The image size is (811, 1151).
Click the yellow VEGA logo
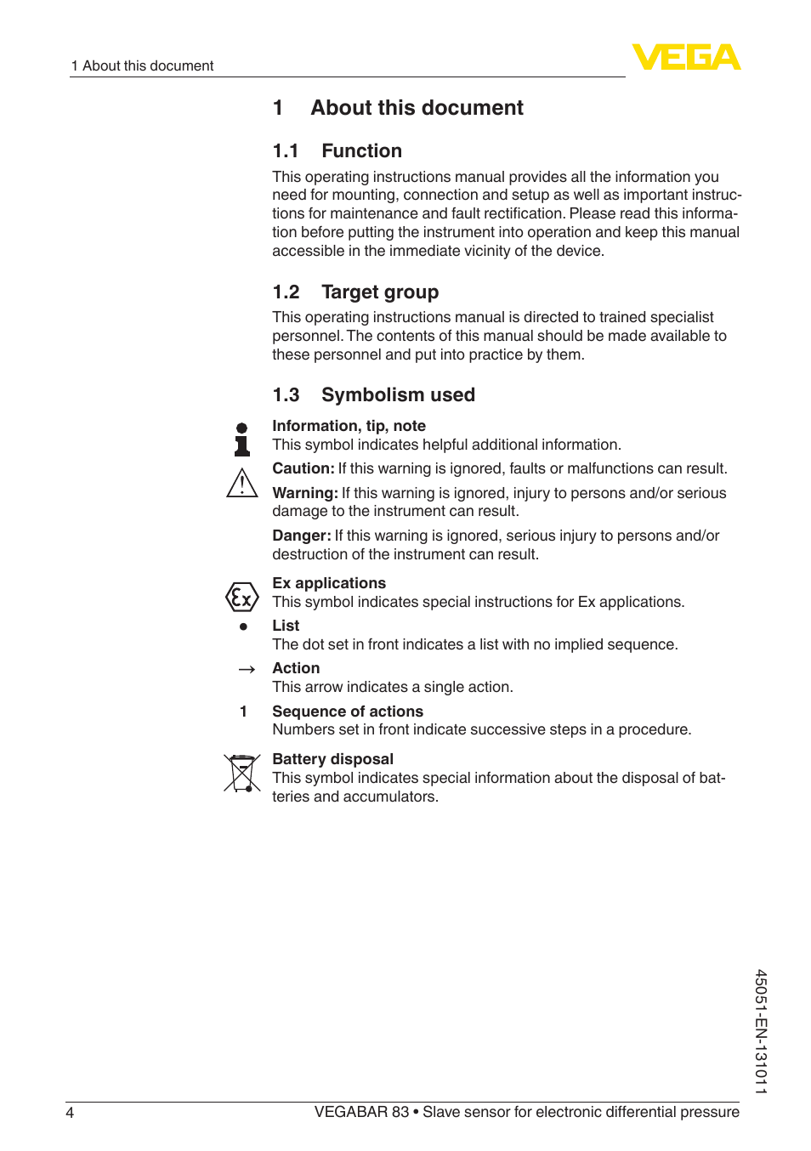click(686, 57)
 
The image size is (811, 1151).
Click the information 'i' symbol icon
click(242, 439)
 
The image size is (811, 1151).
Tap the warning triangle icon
click(242, 484)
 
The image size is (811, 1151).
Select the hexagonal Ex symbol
click(242, 598)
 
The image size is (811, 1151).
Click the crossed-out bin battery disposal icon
click(242, 773)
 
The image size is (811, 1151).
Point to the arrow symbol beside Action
click(247, 670)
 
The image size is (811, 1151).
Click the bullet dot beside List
click(243, 627)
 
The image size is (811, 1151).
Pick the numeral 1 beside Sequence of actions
click(243, 712)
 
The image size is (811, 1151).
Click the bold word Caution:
click(303, 468)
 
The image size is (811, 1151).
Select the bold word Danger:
click(301, 536)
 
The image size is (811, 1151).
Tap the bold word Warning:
click(304, 493)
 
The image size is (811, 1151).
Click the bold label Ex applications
click(329, 583)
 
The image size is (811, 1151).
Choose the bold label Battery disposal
click(332, 759)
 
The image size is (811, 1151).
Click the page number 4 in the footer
click(70, 1113)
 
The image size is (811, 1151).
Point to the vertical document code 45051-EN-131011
click(761, 1031)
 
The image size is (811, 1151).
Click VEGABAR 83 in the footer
click(361, 1112)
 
